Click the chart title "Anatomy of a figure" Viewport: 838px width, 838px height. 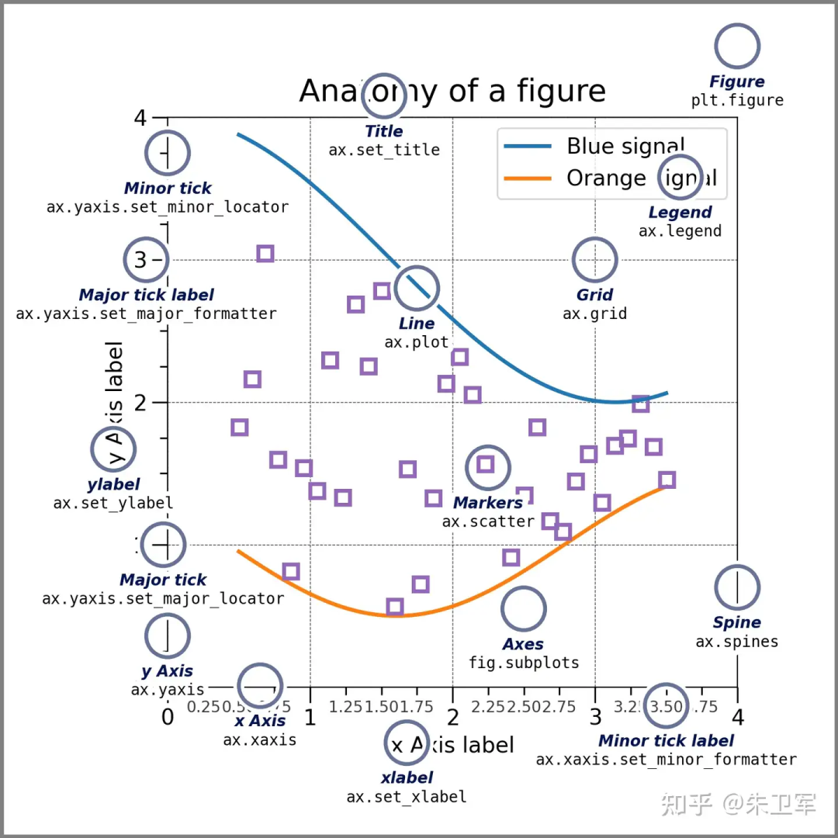pos(452,92)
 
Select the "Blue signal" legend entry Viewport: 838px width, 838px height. pos(625,146)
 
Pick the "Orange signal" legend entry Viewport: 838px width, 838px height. pos(641,178)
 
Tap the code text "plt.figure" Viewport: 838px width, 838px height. pos(737,100)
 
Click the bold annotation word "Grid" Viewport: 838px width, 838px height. pos(594,295)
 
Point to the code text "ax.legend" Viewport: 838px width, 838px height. pos(680,230)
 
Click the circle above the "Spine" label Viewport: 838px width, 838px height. pos(737,587)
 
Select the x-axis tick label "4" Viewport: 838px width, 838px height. pos(737,715)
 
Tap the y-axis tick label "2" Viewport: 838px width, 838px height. pos(140,403)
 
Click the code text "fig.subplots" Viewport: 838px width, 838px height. pos(524,663)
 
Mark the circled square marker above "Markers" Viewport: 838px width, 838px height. pos(486,464)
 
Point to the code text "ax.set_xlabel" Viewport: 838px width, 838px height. pos(407,796)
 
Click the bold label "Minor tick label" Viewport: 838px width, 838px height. pos(666,741)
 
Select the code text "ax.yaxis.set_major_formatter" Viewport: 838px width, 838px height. pos(146,313)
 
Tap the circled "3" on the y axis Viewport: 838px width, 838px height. pos(140,260)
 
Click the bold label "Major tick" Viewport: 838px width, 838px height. pos(163,580)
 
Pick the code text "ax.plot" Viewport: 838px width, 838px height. pos(416,341)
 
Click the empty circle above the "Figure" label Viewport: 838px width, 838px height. pos(737,46)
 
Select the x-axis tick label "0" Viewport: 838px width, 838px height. pos(168,715)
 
